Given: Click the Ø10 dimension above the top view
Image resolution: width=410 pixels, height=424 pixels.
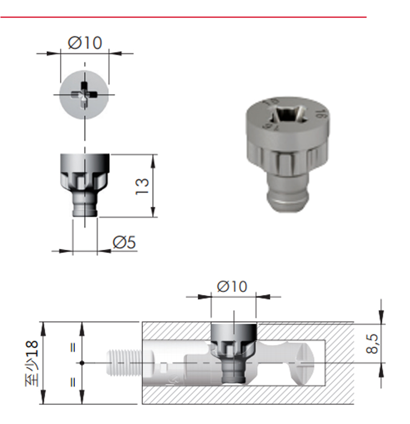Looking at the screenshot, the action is (x=85, y=43).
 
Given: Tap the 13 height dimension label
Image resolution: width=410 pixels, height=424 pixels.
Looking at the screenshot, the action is (x=142, y=186).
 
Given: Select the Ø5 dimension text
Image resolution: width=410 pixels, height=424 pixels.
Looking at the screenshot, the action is (x=124, y=242).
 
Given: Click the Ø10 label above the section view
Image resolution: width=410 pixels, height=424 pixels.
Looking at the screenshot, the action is (x=232, y=286).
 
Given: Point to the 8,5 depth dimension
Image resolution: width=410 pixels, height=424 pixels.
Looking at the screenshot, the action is (x=372, y=344).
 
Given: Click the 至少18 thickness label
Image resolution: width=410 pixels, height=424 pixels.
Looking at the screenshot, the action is (x=32, y=363).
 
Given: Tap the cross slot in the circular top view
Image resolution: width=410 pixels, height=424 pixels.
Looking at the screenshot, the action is (x=84, y=95).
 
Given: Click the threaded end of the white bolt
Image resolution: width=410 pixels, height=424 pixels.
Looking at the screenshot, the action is (x=125, y=363).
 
